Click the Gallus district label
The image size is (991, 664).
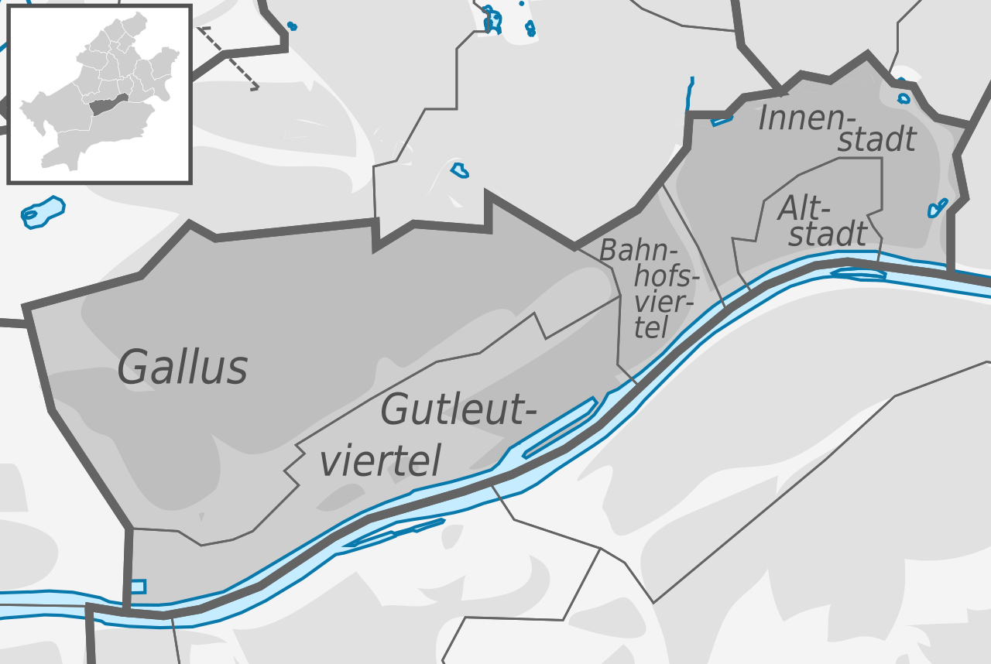183,367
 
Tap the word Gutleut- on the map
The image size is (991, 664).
459,410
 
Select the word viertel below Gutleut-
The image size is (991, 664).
380,460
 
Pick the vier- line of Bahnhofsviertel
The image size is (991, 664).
664,303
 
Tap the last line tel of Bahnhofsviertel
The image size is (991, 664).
651,328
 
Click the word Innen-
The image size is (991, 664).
810,118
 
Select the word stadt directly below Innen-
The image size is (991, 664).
878,140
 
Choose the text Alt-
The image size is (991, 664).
804,209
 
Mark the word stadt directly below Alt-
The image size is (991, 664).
828,233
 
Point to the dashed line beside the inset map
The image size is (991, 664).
228,58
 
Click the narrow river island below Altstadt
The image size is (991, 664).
859,273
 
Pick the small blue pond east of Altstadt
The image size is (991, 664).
938,207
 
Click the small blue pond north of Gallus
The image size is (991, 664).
460,169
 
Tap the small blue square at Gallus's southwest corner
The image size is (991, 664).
138,587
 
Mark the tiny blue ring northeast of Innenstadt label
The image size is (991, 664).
904,98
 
